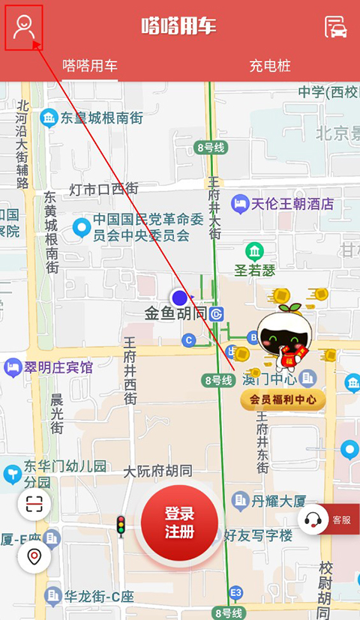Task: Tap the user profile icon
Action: click(24, 27)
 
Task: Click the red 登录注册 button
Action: click(180, 523)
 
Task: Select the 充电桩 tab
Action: click(269, 66)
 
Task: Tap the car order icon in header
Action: click(335, 27)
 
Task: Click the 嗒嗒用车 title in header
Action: click(179, 26)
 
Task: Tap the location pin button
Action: click(34, 557)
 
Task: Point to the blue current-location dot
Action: click(179, 298)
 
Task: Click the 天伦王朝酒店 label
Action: click(291, 203)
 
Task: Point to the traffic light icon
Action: click(120, 526)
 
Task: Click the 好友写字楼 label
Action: click(258, 536)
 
